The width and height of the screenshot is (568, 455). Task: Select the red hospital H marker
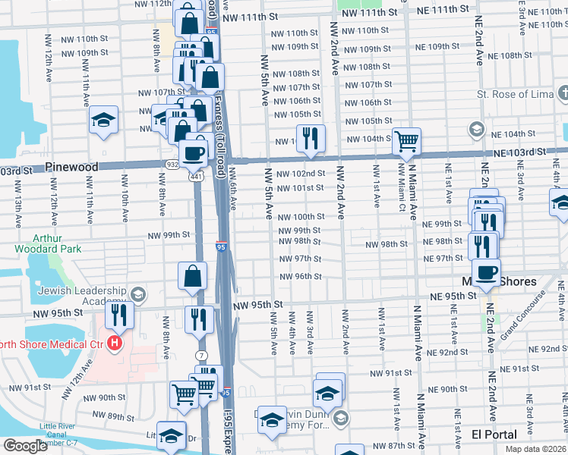pyautogui.click(x=115, y=344)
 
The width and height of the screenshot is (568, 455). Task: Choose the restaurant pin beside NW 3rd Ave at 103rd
pyautogui.click(x=310, y=137)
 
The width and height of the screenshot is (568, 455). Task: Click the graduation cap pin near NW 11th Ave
pyautogui.click(x=103, y=121)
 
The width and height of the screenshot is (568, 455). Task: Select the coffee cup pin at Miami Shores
pyautogui.click(x=486, y=271)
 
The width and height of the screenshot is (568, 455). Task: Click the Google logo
pyautogui.click(x=25, y=445)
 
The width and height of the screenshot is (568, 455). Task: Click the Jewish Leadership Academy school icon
pyautogui.click(x=137, y=293)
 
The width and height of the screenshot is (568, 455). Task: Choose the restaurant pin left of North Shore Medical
pyautogui.click(x=119, y=312)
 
